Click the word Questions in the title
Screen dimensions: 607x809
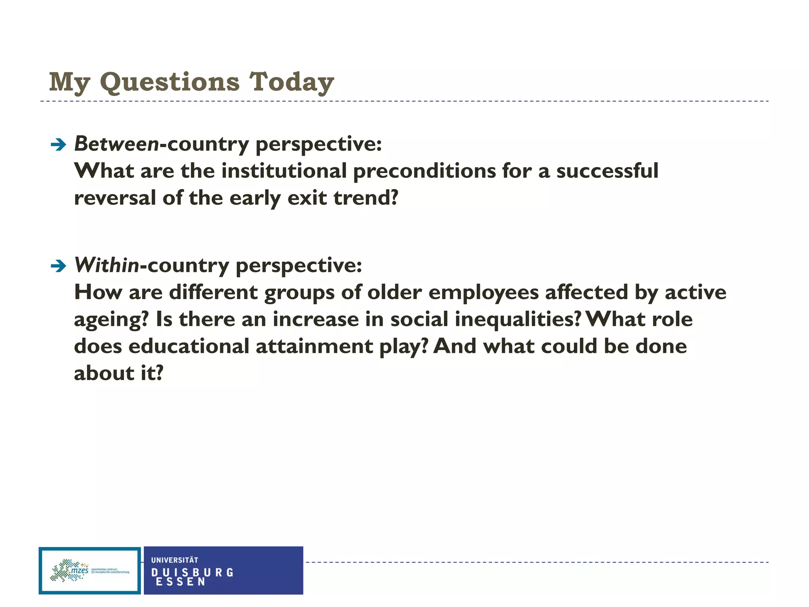pyautogui.click(x=170, y=82)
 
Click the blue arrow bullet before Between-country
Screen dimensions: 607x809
pyautogui.click(x=58, y=145)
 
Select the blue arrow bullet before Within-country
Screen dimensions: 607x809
pyautogui.click(x=58, y=266)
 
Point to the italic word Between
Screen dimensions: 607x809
pyautogui.click(x=117, y=144)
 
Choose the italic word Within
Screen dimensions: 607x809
pyautogui.click(x=107, y=265)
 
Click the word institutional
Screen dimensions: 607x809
pyautogui.click(x=284, y=171)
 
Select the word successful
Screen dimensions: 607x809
pyautogui.click(x=607, y=171)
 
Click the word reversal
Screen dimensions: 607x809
pyautogui.click(x=115, y=198)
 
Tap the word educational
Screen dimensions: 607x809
pyautogui.click(x=189, y=346)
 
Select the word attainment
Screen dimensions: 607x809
pyautogui.click(x=314, y=346)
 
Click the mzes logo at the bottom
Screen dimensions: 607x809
pyautogui.click(x=90, y=571)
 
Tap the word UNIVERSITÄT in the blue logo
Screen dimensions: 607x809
pyautogui.click(x=175, y=560)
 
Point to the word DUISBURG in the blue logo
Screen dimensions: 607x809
pyautogui.click(x=192, y=573)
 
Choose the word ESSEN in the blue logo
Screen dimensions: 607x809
pyautogui.click(x=181, y=582)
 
